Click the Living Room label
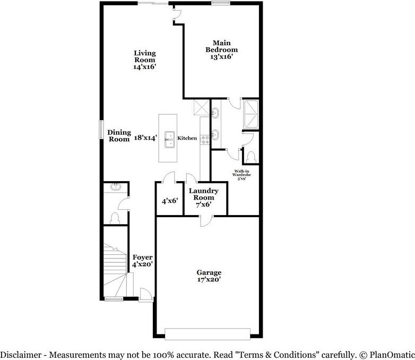click(x=144, y=60)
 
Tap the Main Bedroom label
click(x=221, y=49)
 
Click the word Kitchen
click(x=187, y=139)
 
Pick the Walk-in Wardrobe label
click(x=243, y=175)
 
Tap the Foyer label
click(x=142, y=260)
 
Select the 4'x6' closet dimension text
click(x=169, y=201)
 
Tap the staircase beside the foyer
click(x=114, y=271)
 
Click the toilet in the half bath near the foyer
click(x=115, y=217)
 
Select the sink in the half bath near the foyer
click(x=115, y=187)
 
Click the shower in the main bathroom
click(x=249, y=113)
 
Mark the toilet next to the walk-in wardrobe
click(x=251, y=157)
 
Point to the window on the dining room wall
click(x=101, y=130)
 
